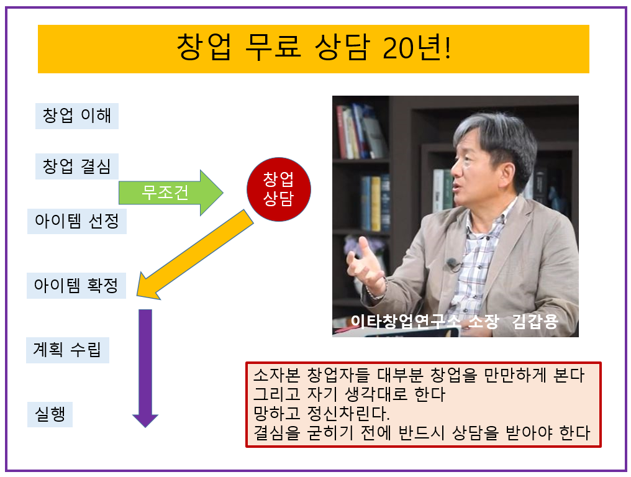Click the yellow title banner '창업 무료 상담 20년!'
[314, 49]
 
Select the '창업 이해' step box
[77, 116]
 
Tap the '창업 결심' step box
[77, 166]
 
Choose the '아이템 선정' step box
[77, 221]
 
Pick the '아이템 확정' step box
[76, 286]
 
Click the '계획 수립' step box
[68, 350]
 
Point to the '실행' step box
[50, 414]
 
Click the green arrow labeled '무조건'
[171, 193]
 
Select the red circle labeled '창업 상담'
[278, 189]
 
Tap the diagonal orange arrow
[195, 255]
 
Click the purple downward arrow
[145, 368]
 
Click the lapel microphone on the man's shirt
[452, 264]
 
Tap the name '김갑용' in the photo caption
[535, 321]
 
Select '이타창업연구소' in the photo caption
[406, 321]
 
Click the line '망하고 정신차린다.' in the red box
[321, 414]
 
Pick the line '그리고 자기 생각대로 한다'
[349, 394]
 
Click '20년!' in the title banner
[417, 47]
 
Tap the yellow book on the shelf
[376, 204]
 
